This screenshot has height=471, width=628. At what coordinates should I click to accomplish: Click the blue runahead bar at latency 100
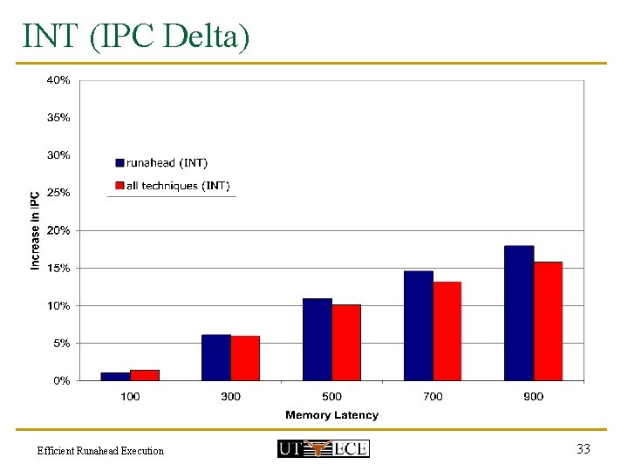pos(115,377)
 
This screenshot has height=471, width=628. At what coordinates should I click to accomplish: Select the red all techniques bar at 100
pos(145,375)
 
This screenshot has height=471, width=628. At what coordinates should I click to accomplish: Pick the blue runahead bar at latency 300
pos(216,358)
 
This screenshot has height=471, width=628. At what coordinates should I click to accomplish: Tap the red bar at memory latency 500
pos(346,343)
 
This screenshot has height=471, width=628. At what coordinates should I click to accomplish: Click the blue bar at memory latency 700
pos(419,326)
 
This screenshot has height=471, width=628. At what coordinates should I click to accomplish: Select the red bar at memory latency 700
pos(447,331)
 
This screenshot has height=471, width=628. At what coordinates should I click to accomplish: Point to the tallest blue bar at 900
pos(519,313)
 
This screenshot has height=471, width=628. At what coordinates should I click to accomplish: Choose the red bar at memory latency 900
pos(548,321)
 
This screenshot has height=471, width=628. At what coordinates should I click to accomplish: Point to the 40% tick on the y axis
pos(58,80)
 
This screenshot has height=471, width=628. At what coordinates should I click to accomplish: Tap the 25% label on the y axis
pos(58,193)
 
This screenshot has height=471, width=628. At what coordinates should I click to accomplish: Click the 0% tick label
pos(61,381)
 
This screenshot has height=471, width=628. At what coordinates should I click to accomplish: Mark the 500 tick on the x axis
pos(331,397)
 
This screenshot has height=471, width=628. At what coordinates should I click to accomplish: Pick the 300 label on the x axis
pos(231,397)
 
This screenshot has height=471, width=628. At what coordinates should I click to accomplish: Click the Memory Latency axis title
pos(331,415)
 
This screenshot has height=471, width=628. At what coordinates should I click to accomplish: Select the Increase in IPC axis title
pos(36,230)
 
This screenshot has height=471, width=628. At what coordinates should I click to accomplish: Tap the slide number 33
pos(584,448)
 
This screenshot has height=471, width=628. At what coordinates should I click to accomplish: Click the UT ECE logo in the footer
pos(323,448)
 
